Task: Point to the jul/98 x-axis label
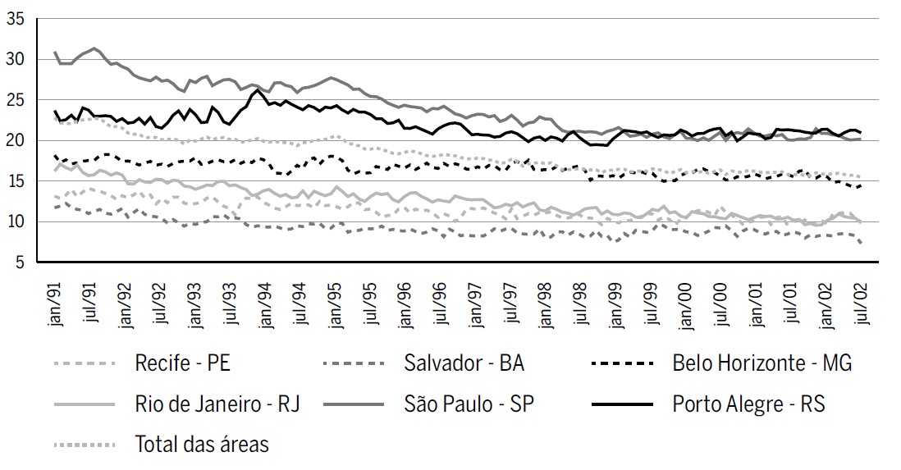click(580, 303)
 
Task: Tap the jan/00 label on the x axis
click(684, 303)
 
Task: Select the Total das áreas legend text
click(201, 445)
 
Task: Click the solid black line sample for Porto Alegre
click(622, 404)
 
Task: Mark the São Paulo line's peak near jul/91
click(94, 48)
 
